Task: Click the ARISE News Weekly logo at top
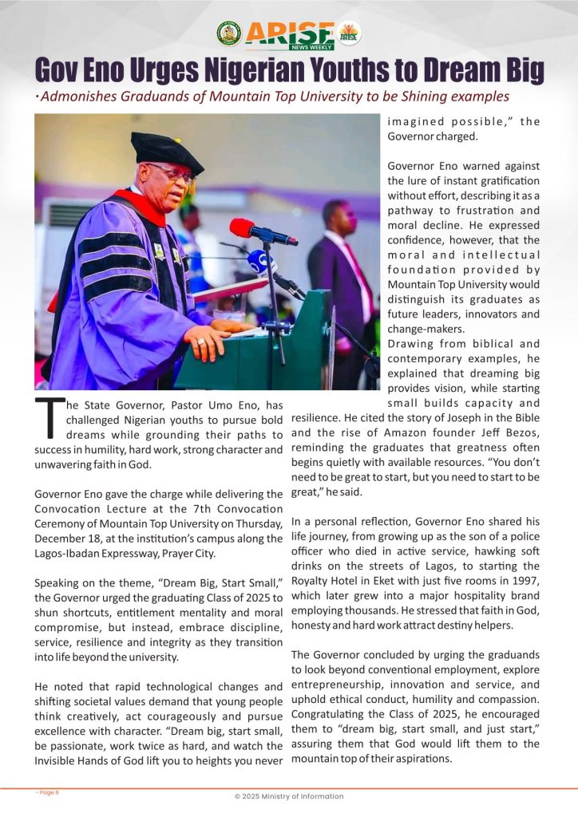(289, 34)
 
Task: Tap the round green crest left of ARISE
(228, 34)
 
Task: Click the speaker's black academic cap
(165, 150)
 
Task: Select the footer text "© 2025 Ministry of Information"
(289, 796)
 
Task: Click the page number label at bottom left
(48, 791)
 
